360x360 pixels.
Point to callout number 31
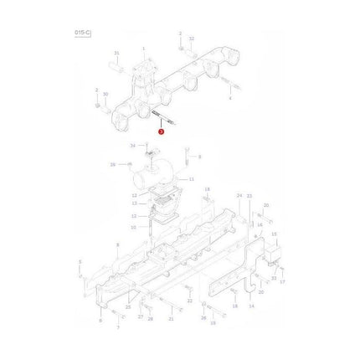coord(117,53)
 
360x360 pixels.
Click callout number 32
coord(191,39)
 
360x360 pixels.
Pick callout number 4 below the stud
coord(230,96)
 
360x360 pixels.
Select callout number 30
coord(105,94)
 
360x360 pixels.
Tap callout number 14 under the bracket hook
coord(251,307)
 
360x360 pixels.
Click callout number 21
coord(171,319)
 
